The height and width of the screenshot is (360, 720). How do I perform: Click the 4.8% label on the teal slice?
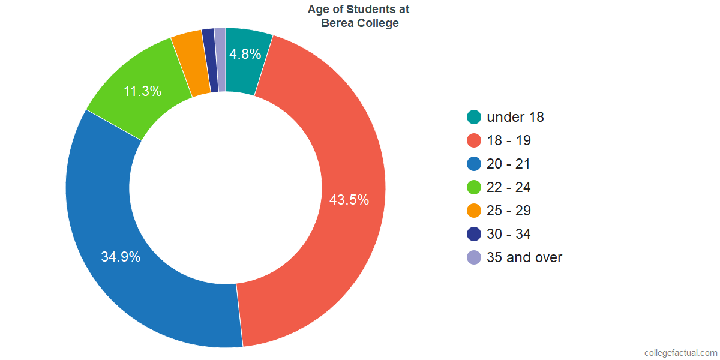pyautogui.click(x=245, y=54)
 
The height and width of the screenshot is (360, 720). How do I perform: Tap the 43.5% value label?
pyautogui.click(x=349, y=200)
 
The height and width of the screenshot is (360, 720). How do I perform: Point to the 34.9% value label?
pyautogui.click(x=121, y=257)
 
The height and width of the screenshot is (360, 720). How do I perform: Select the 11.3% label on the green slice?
pyautogui.click(x=142, y=91)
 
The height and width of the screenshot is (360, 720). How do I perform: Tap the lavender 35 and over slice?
pyautogui.click(x=221, y=60)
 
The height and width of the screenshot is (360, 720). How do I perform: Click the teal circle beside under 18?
pyautogui.click(x=474, y=117)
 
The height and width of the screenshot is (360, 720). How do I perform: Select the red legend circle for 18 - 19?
pyautogui.click(x=474, y=140)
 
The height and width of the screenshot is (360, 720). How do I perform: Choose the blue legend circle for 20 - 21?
pyautogui.click(x=474, y=164)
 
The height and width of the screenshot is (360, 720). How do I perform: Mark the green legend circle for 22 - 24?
pyautogui.click(x=474, y=187)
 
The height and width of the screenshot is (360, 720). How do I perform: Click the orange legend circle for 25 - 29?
pyautogui.click(x=474, y=211)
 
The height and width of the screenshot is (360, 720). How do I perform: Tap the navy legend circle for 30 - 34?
pyautogui.click(x=474, y=234)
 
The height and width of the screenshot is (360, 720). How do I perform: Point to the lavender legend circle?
pyautogui.click(x=474, y=257)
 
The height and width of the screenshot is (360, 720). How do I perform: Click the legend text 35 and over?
pyautogui.click(x=524, y=257)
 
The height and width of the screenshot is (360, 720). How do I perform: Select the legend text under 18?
pyautogui.click(x=515, y=117)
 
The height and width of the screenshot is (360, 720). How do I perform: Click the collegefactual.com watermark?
pyautogui.click(x=681, y=353)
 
